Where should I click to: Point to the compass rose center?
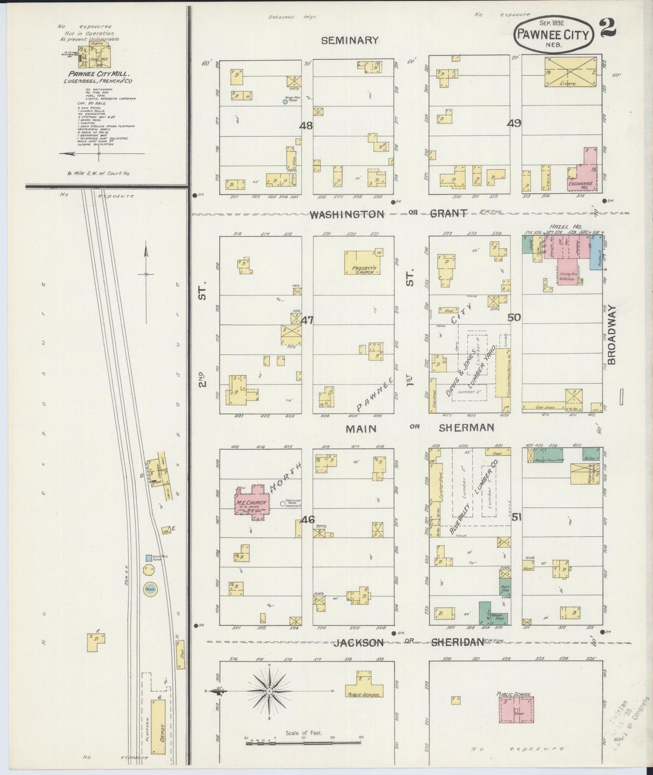(x=269, y=691)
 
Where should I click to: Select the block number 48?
(x=306, y=125)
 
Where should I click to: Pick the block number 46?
(x=308, y=520)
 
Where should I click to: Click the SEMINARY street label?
(x=349, y=40)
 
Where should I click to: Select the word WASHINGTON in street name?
(x=347, y=214)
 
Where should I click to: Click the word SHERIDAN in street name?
(x=457, y=642)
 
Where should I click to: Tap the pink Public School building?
(x=516, y=713)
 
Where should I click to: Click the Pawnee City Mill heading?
(x=99, y=74)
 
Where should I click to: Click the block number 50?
(x=514, y=317)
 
